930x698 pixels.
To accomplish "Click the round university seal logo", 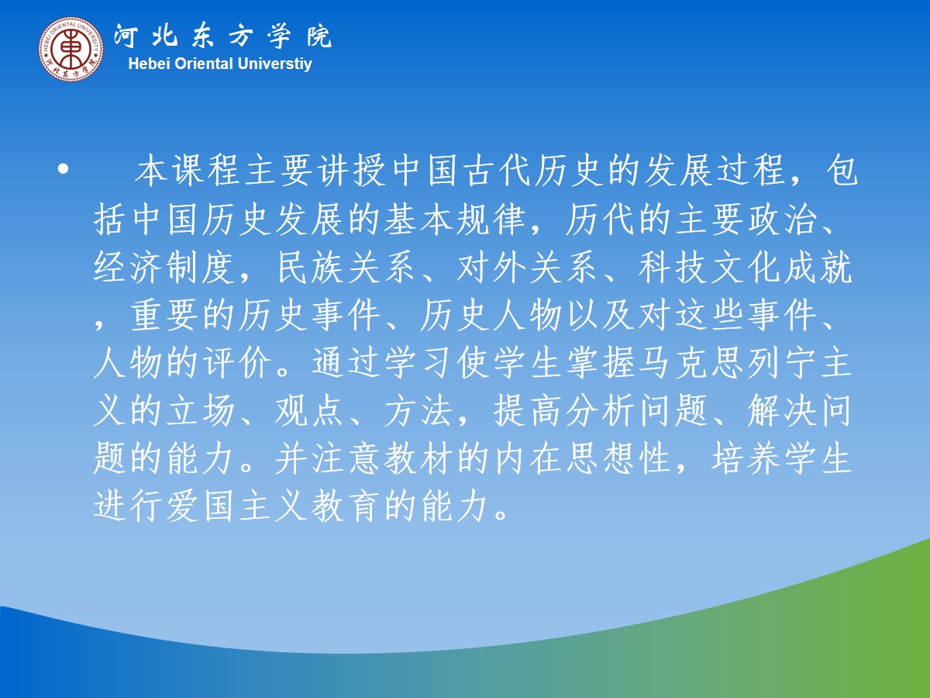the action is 71,48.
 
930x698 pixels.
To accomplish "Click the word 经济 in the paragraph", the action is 128,268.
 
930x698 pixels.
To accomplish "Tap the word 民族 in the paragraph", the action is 310,268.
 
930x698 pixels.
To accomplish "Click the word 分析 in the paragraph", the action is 600,411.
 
